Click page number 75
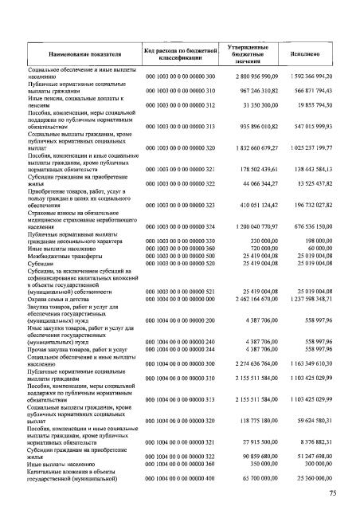coord(338,493)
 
